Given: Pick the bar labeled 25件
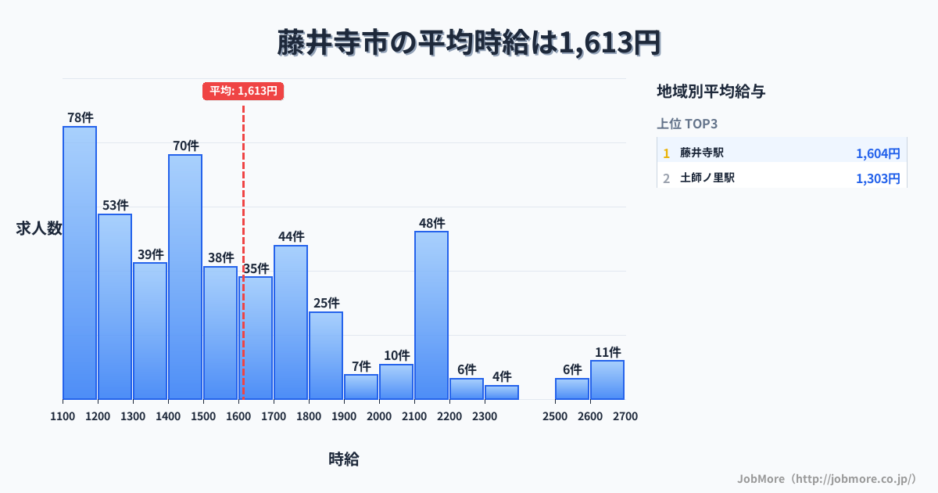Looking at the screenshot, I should tap(326, 355).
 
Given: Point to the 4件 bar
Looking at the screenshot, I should tap(502, 392).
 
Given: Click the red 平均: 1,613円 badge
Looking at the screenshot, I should tap(243, 91).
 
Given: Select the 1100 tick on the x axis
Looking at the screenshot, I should tap(63, 416).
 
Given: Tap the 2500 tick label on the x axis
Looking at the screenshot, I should tap(555, 416).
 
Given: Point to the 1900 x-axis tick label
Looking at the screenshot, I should tap(344, 416).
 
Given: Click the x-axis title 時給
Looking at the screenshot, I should tap(344, 459).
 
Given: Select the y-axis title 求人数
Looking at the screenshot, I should tap(39, 229).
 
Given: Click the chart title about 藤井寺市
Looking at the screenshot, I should tap(469, 42).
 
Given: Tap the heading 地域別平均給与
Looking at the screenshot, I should tap(711, 92).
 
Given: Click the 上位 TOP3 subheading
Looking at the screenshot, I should tap(687, 124).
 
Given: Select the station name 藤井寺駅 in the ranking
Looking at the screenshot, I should tap(702, 153).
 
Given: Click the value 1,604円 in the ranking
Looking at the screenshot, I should tap(878, 153).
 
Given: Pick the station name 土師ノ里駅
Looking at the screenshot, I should tap(707, 178).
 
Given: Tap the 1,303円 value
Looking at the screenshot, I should tap(878, 178).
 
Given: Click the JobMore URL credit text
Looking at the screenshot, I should tap(826, 478).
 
